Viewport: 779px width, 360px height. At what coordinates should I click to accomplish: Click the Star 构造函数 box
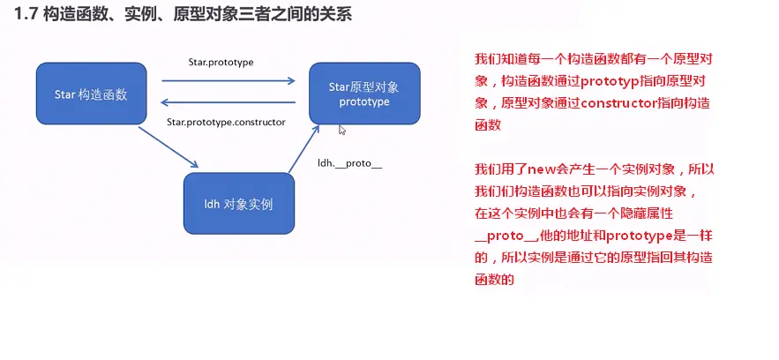(x=91, y=93)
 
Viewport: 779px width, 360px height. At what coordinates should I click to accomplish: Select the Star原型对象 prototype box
(x=363, y=93)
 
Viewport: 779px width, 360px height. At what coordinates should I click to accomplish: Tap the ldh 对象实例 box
(x=238, y=204)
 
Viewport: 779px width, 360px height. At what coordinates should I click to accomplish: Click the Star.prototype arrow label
(x=221, y=62)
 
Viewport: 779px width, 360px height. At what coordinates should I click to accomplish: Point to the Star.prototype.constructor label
(x=225, y=122)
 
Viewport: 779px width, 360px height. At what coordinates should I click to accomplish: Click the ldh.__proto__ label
(x=349, y=163)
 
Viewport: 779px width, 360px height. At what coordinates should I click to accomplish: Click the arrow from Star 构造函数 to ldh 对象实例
(x=168, y=146)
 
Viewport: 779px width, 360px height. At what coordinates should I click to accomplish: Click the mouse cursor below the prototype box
(x=342, y=130)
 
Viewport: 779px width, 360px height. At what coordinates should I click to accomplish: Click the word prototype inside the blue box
(x=363, y=101)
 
